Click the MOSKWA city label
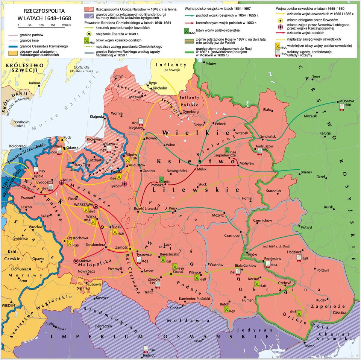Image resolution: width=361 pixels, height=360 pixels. (346, 101)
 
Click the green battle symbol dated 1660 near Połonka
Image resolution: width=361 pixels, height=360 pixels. (162, 180)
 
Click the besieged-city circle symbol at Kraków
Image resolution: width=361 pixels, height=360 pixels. (76, 261)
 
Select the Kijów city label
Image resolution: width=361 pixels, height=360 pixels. (252, 255)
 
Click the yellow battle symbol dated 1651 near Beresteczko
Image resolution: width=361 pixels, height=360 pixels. (163, 259)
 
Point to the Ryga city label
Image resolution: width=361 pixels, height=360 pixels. (153, 83)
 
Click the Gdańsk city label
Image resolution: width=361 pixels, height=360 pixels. (72, 147)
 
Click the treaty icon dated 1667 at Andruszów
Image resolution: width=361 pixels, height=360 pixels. (259, 151)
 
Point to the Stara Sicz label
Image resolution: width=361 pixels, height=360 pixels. (340, 312)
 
